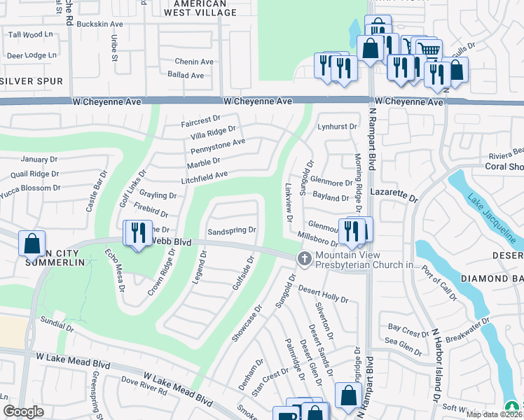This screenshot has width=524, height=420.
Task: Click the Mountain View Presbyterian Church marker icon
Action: tap(304, 259)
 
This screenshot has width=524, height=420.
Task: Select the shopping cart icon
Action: tap(428, 49)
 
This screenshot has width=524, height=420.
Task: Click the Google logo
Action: tap(24, 411)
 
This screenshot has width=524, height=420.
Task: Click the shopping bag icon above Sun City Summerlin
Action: tap(32, 243)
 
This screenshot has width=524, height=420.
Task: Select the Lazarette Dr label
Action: tap(393, 199)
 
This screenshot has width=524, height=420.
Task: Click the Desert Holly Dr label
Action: tap(323, 294)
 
